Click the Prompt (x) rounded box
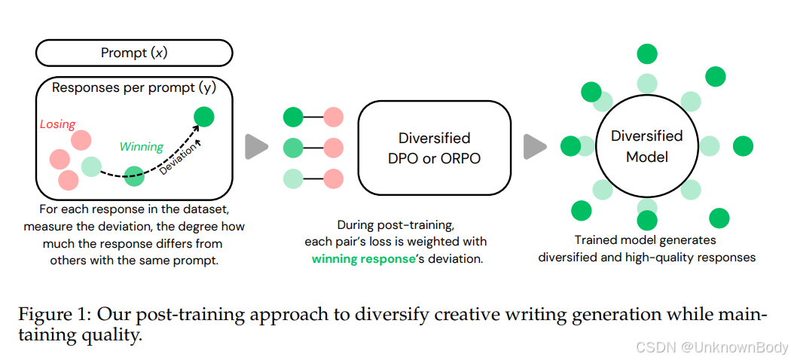pyautogui.click(x=134, y=53)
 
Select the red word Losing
pyautogui.click(x=57, y=124)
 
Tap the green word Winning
pyautogui.click(x=142, y=147)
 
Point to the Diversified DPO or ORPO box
pyautogui.click(x=434, y=148)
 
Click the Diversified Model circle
pyautogui.click(x=646, y=146)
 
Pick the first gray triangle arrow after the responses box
pyautogui.click(x=256, y=146)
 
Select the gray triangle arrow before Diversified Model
pyautogui.click(x=535, y=146)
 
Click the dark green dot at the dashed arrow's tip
pyautogui.click(x=204, y=117)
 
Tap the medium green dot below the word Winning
pyautogui.click(x=134, y=176)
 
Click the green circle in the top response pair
pyautogui.click(x=292, y=117)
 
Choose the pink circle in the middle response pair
pyautogui.click(x=333, y=148)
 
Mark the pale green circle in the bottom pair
pyautogui.click(x=292, y=178)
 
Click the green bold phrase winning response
pyautogui.click(x=363, y=258)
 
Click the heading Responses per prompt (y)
pyautogui.click(x=134, y=88)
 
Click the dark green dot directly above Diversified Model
pyautogui.click(x=646, y=53)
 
